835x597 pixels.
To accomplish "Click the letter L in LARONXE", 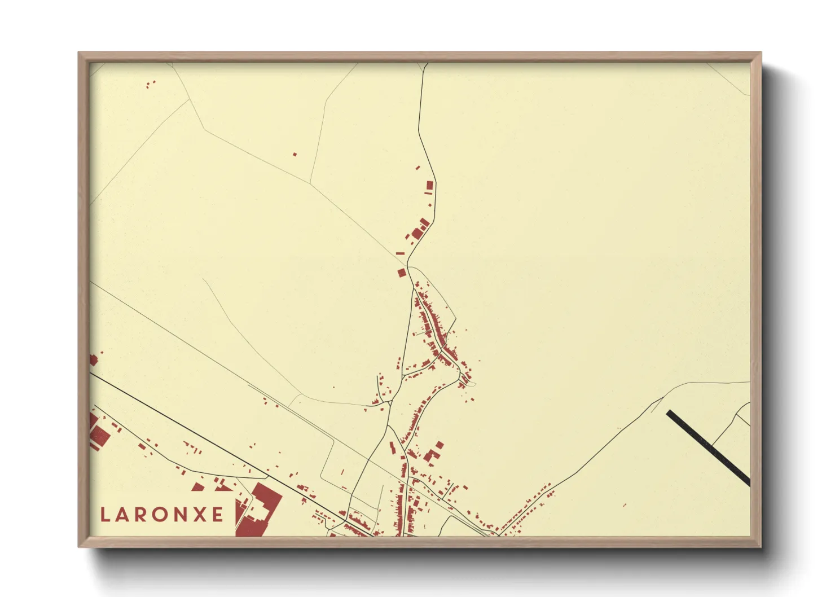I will [105, 515].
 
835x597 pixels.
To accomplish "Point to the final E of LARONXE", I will [217, 515].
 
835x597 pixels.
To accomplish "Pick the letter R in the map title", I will [141, 515].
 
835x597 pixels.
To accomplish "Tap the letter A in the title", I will [123, 515].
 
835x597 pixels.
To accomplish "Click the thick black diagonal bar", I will [709, 448].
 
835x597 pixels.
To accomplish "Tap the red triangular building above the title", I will [198, 486].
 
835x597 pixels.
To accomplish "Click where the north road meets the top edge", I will [427, 64].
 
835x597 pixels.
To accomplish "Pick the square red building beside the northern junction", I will [402, 273].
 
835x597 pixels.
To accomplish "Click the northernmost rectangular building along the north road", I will [429, 185].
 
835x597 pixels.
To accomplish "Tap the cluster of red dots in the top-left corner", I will [150, 84].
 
